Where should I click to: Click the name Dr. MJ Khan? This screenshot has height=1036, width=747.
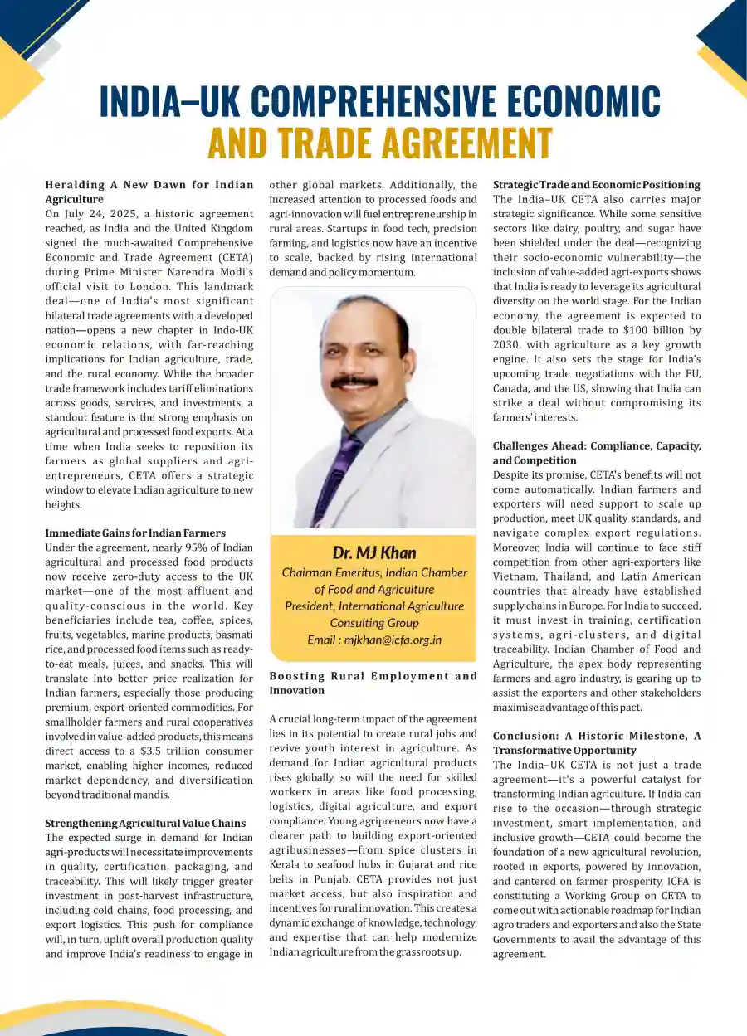click(373, 552)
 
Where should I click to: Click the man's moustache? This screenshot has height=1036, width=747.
click(354, 381)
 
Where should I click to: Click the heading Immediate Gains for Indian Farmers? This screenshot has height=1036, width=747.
click(135, 533)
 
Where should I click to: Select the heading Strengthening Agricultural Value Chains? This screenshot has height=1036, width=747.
click(145, 823)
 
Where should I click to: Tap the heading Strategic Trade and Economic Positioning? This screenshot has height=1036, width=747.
click(597, 185)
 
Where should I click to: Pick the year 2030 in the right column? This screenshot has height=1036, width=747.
click(508, 345)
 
